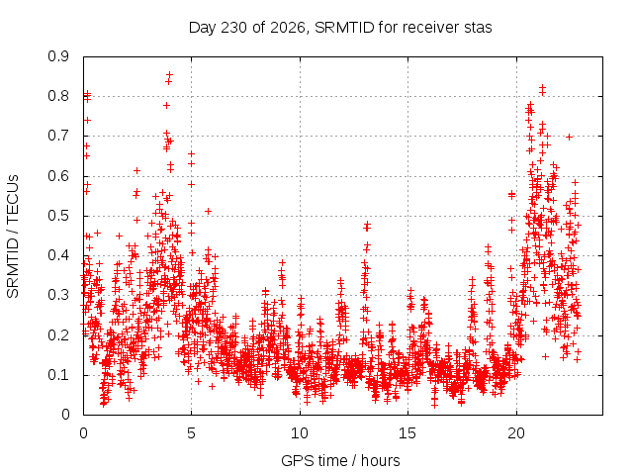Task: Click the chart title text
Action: tap(340, 28)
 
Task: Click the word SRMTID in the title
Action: tap(344, 28)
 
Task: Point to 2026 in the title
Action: tap(288, 28)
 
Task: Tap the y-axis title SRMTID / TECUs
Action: tap(13, 237)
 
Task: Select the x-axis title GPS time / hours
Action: tap(340, 460)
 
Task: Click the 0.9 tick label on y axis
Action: tap(58, 56)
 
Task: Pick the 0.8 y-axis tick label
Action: tap(58, 96)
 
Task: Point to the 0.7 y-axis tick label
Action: tap(58, 136)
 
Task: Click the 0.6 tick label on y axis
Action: tap(58, 176)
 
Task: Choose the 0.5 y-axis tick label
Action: tap(58, 216)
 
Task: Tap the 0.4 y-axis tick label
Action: tap(58, 255)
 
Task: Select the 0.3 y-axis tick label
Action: tap(58, 295)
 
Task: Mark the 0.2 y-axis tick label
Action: tap(58, 334)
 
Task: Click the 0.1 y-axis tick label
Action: tap(58, 375)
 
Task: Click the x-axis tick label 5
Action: tap(191, 433)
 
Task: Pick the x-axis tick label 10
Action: tap(300, 433)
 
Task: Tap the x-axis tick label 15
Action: tap(407, 433)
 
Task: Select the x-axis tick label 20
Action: tap(516, 433)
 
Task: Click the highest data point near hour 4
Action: tap(169, 74)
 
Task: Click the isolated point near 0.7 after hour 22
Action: tap(570, 137)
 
